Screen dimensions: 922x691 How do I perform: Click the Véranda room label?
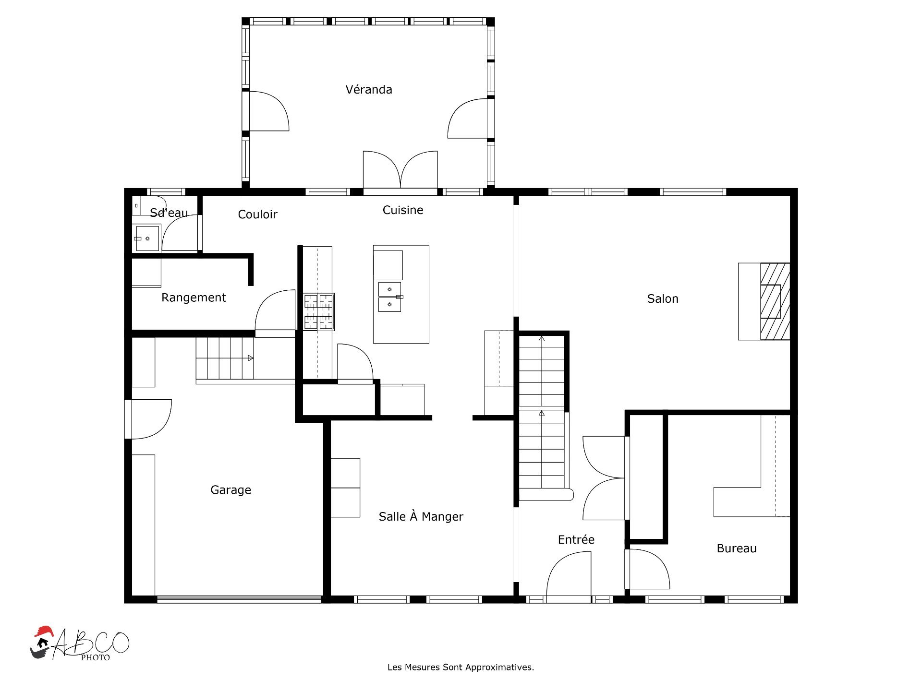point(369,90)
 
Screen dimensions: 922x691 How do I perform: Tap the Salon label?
point(663,299)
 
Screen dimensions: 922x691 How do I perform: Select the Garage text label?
point(230,490)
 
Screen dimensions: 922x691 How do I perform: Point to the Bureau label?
point(737,548)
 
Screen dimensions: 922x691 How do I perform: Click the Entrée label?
point(576,539)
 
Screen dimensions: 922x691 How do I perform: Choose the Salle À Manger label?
point(421,516)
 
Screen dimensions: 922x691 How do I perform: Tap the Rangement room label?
point(194,298)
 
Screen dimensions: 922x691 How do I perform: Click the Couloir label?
point(258,214)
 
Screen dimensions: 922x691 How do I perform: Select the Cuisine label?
point(403,210)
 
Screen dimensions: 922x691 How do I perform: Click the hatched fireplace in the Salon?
point(775,301)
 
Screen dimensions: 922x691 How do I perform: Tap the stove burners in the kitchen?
point(318,312)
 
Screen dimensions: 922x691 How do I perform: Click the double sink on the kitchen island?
point(390,297)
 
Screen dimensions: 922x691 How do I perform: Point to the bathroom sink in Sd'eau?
point(147,238)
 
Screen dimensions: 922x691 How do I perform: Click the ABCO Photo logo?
point(80,643)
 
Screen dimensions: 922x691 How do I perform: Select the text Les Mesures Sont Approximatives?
point(461,667)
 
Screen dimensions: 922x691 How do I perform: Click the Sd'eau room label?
point(169,213)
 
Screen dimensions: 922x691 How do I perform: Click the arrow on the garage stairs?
point(251,358)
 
